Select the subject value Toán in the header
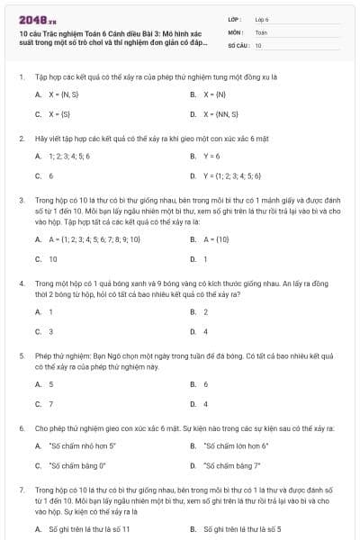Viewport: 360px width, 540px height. click(x=261, y=31)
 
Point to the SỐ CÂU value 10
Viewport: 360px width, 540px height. click(x=258, y=44)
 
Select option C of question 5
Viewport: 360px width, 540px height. click(x=50, y=404)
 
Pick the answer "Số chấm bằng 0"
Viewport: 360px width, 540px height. click(x=76, y=466)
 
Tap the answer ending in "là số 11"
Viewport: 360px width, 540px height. click(x=88, y=529)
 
